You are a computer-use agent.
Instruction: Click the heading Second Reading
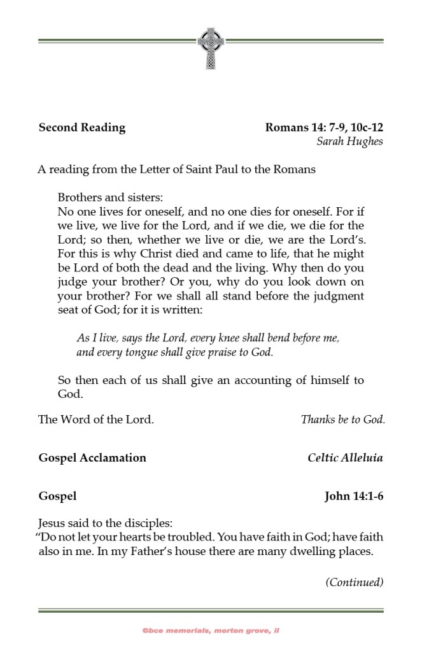coord(82,127)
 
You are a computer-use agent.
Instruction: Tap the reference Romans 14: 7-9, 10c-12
coord(323,127)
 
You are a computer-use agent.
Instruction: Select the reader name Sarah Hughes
coord(349,141)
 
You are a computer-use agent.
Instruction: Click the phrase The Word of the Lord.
coord(96,420)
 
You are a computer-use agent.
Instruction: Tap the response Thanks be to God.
coord(342,420)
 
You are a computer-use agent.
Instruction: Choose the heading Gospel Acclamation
coord(92,458)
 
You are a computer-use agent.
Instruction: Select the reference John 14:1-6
coord(353,495)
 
